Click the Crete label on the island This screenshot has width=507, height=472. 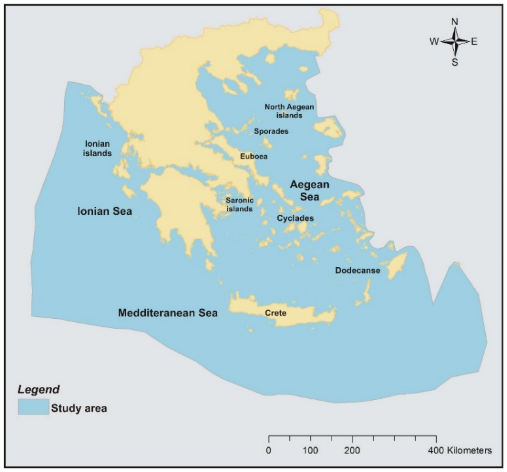pos(275,313)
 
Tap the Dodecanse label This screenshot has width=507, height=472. pos(358,271)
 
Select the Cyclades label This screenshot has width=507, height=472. pos(295,218)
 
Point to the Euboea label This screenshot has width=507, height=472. pos(254,156)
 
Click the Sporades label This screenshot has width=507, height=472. pos(271,131)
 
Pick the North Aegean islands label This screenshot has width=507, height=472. pos(289,111)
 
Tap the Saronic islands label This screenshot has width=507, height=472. pos(239,205)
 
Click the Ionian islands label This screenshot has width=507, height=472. pos(97,149)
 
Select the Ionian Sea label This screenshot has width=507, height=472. pos(105,211)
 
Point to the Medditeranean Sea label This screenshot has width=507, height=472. pos(168,313)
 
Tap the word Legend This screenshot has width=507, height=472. pos(39,390)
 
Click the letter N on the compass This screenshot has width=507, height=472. pos(455,22)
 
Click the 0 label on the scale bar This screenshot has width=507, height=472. pos(268,451)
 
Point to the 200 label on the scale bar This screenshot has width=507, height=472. pos(352,451)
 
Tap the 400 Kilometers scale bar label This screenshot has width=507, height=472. pos(460,451)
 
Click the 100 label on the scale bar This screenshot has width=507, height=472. pos(310,451)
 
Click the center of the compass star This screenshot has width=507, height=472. pos(455,41)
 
